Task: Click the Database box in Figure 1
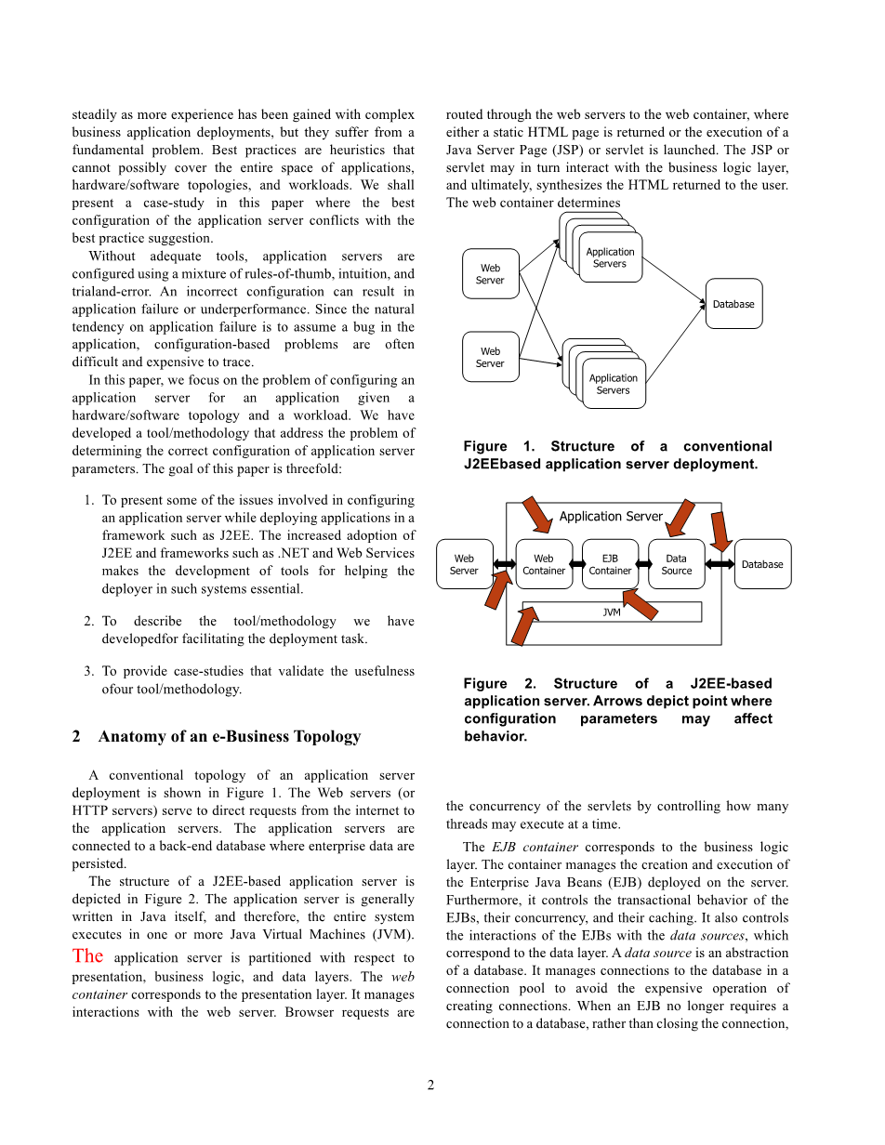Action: pyautogui.click(x=733, y=304)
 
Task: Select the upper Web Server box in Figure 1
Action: pyautogui.click(x=490, y=274)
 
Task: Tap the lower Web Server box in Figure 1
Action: pyautogui.click(x=490, y=358)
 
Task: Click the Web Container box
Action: pyautogui.click(x=544, y=564)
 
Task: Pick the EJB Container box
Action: pyautogui.click(x=610, y=564)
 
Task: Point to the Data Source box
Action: pyautogui.click(x=676, y=564)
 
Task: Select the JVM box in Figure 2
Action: pyautogui.click(x=612, y=612)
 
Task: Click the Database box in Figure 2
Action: pyautogui.click(x=762, y=564)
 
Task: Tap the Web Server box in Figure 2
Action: pyautogui.click(x=464, y=564)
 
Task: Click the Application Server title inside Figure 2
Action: pyautogui.click(x=611, y=517)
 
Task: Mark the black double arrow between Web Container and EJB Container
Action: pyautogui.click(x=577, y=564)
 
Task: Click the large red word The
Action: pyautogui.click(x=87, y=955)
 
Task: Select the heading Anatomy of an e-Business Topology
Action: pyautogui.click(x=229, y=736)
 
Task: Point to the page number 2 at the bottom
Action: pyautogui.click(x=430, y=1085)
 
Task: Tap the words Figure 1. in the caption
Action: pyautogui.click(x=498, y=446)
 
